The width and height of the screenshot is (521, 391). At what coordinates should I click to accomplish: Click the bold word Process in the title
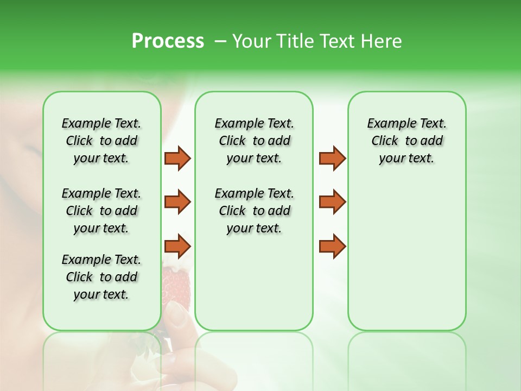point(168,41)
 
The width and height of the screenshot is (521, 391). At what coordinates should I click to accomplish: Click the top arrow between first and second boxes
point(177,158)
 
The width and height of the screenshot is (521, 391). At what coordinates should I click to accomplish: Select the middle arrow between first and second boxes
point(177,202)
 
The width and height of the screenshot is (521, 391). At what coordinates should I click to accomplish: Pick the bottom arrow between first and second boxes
point(177,247)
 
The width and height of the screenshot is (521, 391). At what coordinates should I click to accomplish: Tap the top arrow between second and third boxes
point(332,158)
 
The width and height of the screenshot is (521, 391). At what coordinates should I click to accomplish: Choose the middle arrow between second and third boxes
point(332,202)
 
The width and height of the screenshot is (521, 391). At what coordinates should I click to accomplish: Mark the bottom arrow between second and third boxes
point(332,247)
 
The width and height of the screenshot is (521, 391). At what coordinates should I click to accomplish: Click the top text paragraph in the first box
point(101,141)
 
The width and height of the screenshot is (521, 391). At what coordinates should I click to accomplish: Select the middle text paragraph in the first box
point(101,211)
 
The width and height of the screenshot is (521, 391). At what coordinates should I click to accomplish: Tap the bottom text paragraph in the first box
point(101,277)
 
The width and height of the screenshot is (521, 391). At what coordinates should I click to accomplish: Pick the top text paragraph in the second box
point(254,141)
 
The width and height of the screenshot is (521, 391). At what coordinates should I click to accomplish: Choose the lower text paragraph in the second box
point(254,211)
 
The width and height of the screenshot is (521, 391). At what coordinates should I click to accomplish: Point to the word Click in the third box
point(385,141)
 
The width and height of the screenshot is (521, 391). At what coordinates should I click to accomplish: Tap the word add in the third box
point(432,141)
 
